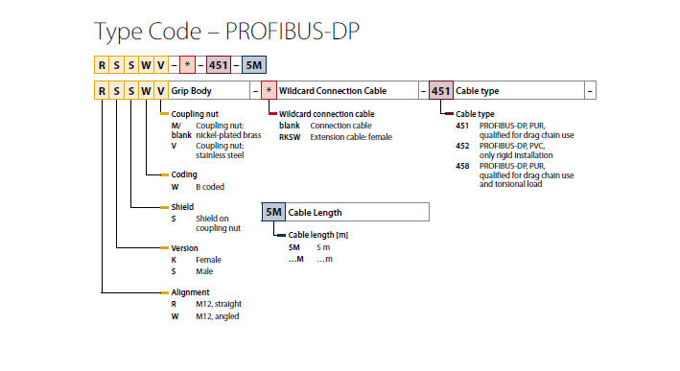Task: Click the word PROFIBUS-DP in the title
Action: click(292, 32)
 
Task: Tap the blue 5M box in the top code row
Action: click(254, 65)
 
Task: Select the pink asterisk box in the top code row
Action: click(187, 65)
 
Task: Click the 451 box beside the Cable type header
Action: click(440, 90)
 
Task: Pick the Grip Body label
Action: click(191, 91)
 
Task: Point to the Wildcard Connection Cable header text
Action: click(333, 91)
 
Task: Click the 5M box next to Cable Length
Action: click(273, 212)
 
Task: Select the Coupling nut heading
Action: click(195, 114)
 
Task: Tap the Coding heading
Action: click(184, 174)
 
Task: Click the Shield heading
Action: click(182, 207)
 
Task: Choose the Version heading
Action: click(184, 248)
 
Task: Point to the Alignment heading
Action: click(190, 292)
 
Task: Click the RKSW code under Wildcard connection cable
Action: click(290, 137)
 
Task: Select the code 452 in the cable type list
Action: click(462, 146)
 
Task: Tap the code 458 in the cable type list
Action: click(462, 166)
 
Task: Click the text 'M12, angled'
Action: click(218, 316)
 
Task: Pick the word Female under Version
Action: click(208, 260)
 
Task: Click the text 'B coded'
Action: click(210, 187)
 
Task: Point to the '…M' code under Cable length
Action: click(295, 259)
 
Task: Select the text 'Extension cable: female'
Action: click(351, 137)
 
